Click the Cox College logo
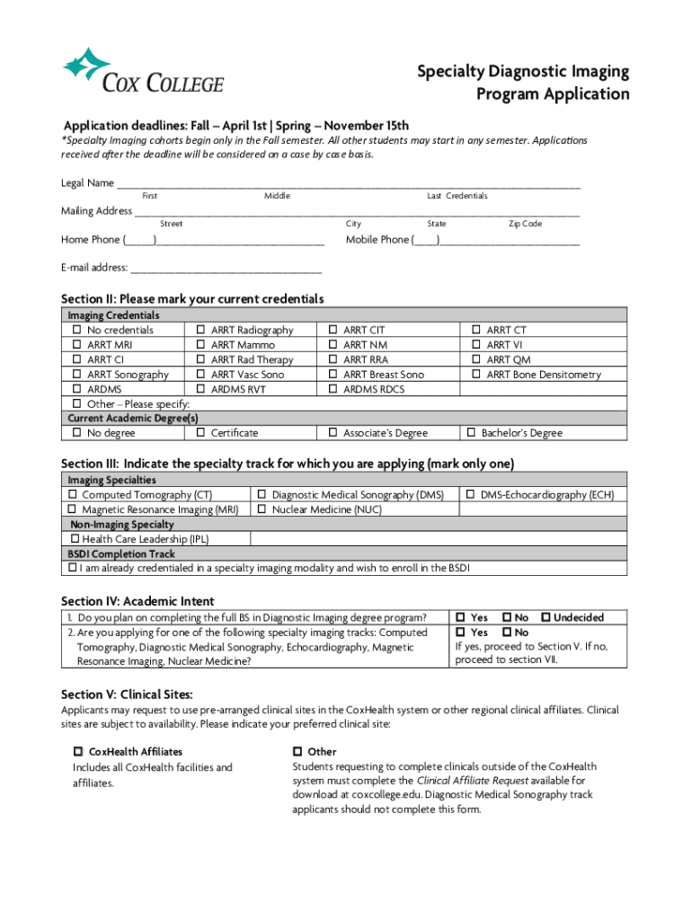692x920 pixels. pos(143,72)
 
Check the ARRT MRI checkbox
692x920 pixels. pos(76,345)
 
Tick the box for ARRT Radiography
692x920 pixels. pos(200,331)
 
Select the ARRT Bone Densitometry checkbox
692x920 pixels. pos(476,375)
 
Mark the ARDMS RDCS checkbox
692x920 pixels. pos(333,389)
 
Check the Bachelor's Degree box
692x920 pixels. pos(471,433)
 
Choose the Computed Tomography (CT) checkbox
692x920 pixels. pos(73,495)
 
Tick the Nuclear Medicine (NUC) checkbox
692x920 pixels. pos(262,509)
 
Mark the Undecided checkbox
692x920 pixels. pos(546,618)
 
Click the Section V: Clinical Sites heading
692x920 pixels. pos(127,694)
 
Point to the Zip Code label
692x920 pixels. pos(525,224)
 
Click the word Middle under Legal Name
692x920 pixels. pos(277,196)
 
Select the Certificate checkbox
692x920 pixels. pos(200,433)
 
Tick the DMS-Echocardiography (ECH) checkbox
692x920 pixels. pos(471,495)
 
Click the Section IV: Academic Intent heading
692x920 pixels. pos(138,601)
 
